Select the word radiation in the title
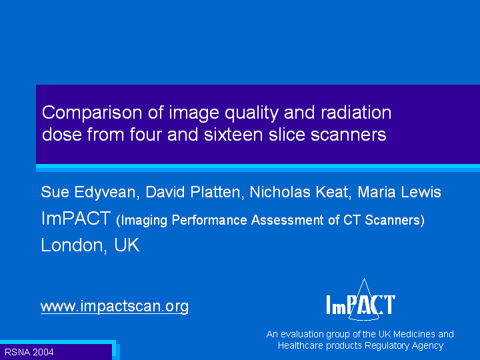point(356,113)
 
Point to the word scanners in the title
point(349,135)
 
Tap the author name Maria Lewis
point(399,192)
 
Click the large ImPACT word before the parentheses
point(75,218)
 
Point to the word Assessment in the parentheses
point(287,220)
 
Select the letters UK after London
point(127,245)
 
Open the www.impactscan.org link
point(115,307)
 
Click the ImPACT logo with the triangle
point(361,300)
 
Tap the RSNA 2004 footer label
point(29,352)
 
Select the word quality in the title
point(251,113)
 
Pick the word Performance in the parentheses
point(209,220)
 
